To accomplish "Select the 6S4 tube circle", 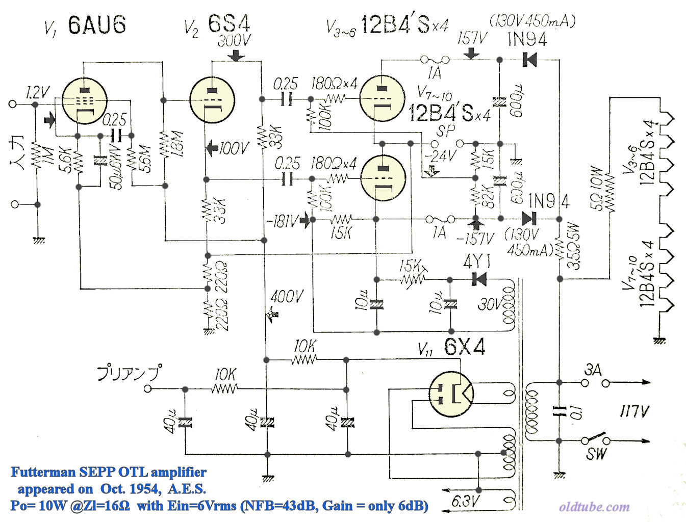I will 212,100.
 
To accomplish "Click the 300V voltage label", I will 235,40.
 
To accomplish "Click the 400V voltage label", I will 287,296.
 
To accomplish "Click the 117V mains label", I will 634,411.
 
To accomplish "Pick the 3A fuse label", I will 593,370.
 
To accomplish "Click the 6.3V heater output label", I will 466,502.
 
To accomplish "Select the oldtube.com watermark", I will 594,507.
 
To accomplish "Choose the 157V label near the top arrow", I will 472,38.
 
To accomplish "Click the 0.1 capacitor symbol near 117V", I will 559,411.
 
